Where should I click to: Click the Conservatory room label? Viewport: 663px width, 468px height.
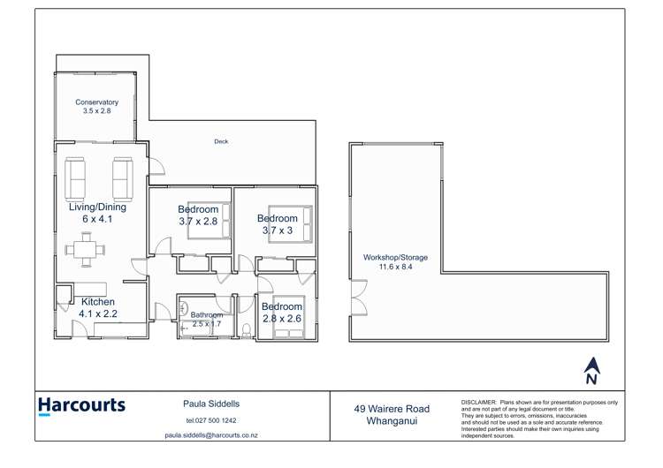(96, 102)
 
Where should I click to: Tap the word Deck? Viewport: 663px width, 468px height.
(221, 141)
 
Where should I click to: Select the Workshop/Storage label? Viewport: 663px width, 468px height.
(395, 258)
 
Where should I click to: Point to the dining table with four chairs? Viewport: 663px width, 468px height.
(86, 249)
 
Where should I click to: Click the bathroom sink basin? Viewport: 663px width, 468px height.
(185, 310)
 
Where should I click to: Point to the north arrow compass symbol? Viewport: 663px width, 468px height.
(592, 370)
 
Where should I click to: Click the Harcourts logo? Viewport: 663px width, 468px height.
(81, 406)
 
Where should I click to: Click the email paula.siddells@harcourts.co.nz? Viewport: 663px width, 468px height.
(210, 435)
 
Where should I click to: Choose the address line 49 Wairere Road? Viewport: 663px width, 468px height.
(392, 409)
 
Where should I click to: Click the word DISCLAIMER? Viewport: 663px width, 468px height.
(478, 402)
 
